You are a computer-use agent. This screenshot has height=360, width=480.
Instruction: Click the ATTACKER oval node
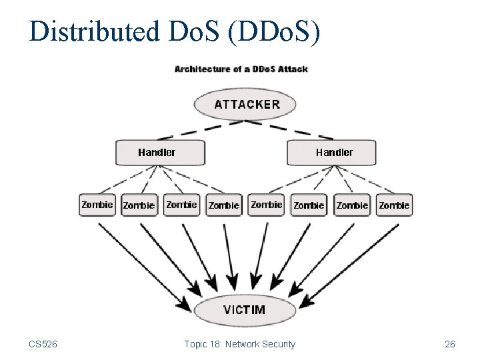245,104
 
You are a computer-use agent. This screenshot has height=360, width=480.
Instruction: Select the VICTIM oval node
245,310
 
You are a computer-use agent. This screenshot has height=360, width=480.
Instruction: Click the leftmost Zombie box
97,205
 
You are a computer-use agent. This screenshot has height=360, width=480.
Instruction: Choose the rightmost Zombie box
394,205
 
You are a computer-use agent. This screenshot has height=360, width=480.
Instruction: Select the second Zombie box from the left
139,205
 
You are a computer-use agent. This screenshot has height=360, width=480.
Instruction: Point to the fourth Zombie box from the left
224,205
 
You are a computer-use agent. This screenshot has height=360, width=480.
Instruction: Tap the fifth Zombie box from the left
267,205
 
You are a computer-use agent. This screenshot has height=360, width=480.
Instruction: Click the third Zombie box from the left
181,205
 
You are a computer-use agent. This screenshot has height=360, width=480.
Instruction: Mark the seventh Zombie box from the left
352,205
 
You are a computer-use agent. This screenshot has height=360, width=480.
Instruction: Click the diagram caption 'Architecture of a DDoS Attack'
241,69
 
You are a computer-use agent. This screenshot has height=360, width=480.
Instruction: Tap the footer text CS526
43,344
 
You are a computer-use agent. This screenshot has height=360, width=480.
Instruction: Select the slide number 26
450,344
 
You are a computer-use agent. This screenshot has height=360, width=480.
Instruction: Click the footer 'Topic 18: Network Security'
239,344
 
